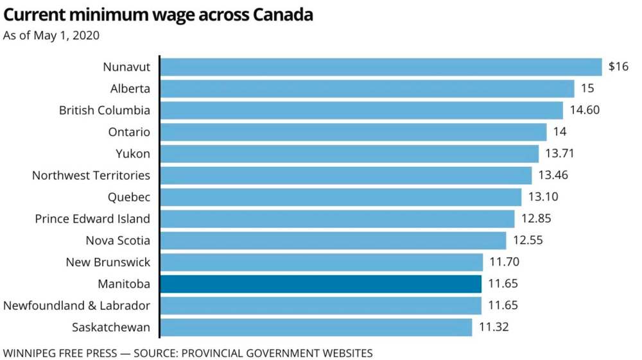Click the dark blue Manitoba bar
coord(320,284)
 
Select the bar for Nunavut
coord(381,67)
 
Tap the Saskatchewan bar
coord(316,327)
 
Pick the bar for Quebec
coord(340,197)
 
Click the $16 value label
coord(618,67)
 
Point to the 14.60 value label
coord(585,110)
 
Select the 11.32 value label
coord(494,327)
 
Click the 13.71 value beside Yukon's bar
coord(560,154)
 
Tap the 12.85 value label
coord(536,219)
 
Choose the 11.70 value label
coord(505,262)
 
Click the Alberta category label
coord(130,89)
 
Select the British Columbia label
coord(105,110)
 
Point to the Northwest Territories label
coord(91,175)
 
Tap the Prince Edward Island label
coord(92,219)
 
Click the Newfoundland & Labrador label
coord(77,305)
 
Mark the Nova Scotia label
coord(118,241)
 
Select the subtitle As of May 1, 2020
coord(51,35)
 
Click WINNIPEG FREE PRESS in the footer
coord(61,353)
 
